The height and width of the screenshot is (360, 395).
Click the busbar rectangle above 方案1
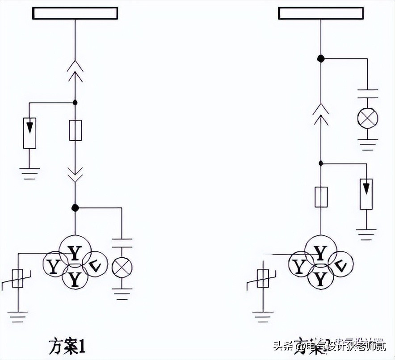tap(75, 13)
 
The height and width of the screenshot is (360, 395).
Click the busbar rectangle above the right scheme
tap(321, 13)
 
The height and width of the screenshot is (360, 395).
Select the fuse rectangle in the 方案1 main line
tap(75, 130)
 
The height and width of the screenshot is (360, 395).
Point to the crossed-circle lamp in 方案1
tap(122, 267)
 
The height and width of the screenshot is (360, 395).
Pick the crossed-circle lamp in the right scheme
tap(368, 118)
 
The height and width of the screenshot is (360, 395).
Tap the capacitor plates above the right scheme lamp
tap(368, 94)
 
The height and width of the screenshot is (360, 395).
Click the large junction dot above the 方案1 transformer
tap(75, 208)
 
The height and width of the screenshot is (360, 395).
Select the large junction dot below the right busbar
tap(320, 59)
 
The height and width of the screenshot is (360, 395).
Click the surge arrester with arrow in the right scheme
tap(366, 193)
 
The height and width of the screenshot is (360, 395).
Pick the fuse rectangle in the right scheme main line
tap(321, 197)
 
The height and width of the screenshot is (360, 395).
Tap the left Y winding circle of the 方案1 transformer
tap(55, 267)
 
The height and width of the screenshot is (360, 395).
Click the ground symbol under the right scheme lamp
tap(368, 145)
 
